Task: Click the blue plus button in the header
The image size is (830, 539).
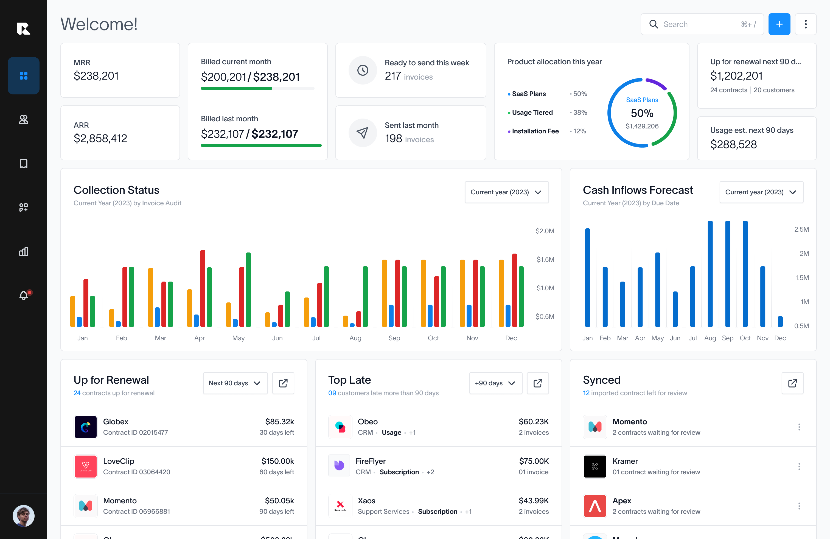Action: point(779,24)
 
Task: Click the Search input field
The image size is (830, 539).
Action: point(701,24)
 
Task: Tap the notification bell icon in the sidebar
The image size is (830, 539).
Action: point(23,295)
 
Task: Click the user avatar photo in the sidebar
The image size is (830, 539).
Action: point(23,516)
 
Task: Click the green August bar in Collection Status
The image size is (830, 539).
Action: point(365,296)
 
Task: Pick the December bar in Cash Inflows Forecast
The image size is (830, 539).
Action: point(780,321)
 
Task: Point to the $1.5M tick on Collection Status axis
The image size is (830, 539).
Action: point(545,259)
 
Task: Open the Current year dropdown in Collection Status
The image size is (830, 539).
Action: point(506,192)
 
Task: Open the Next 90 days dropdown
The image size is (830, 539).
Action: point(235,383)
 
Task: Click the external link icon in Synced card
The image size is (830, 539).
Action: point(792,383)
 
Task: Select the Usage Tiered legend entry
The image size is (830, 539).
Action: point(532,113)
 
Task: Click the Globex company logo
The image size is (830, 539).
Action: point(85,427)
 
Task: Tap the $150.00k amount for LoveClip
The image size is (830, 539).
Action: point(277,461)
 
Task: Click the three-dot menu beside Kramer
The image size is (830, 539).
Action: point(799,467)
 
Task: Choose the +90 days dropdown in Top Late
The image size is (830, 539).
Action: point(495,383)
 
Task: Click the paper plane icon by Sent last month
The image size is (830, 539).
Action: point(363,133)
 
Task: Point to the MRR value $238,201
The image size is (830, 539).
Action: point(96,76)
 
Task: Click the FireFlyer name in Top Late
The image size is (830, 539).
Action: point(370,461)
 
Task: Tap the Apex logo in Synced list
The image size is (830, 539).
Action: point(595,506)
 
